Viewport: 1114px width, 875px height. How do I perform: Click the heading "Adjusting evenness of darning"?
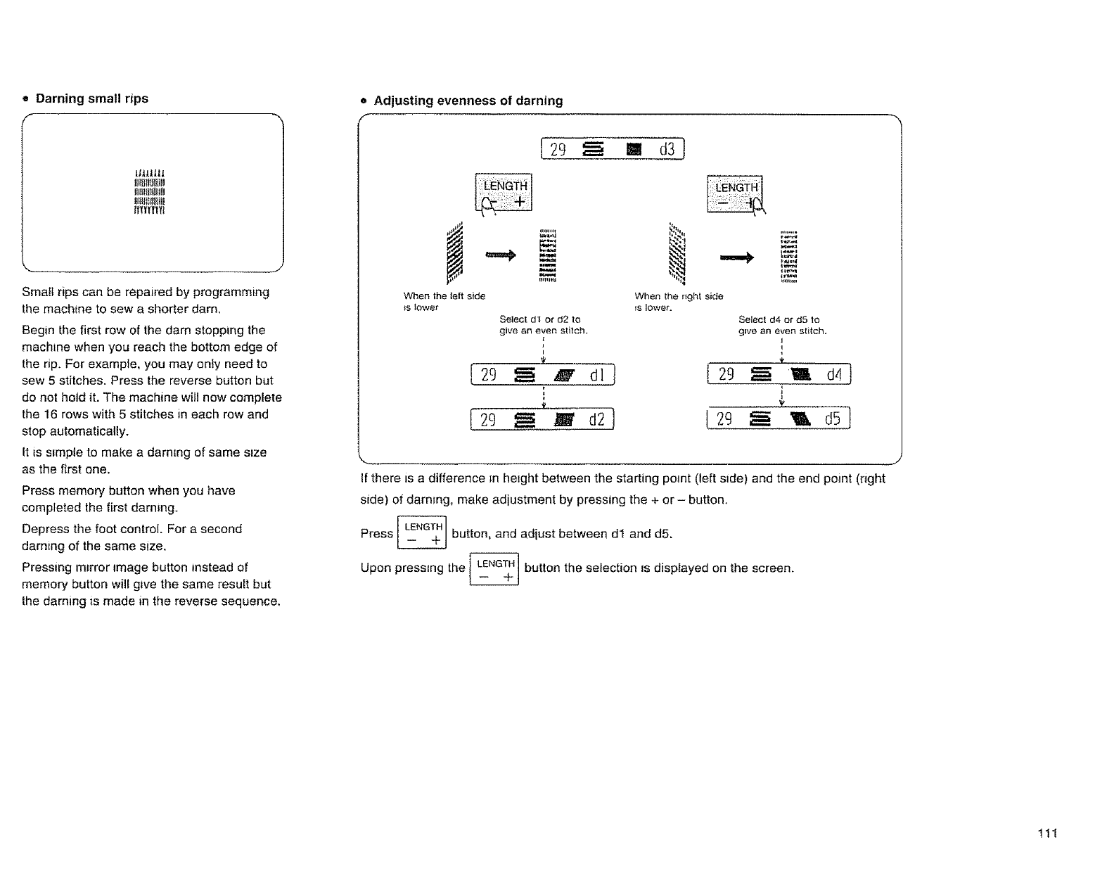coord(468,101)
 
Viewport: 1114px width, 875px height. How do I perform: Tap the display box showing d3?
coord(613,150)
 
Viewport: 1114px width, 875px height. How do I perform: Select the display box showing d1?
coord(542,376)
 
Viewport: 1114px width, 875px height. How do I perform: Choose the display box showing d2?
coord(542,421)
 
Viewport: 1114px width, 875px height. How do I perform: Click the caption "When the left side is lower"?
coord(444,302)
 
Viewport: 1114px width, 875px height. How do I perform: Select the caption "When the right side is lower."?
coord(678,302)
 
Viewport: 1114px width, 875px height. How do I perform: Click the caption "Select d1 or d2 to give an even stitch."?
coord(543,325)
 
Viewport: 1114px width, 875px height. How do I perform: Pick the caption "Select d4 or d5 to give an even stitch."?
coord(782,325)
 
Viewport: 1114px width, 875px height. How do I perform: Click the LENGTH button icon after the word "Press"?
coord(422,533)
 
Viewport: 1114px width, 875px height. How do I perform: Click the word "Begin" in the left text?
coord(38,331)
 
